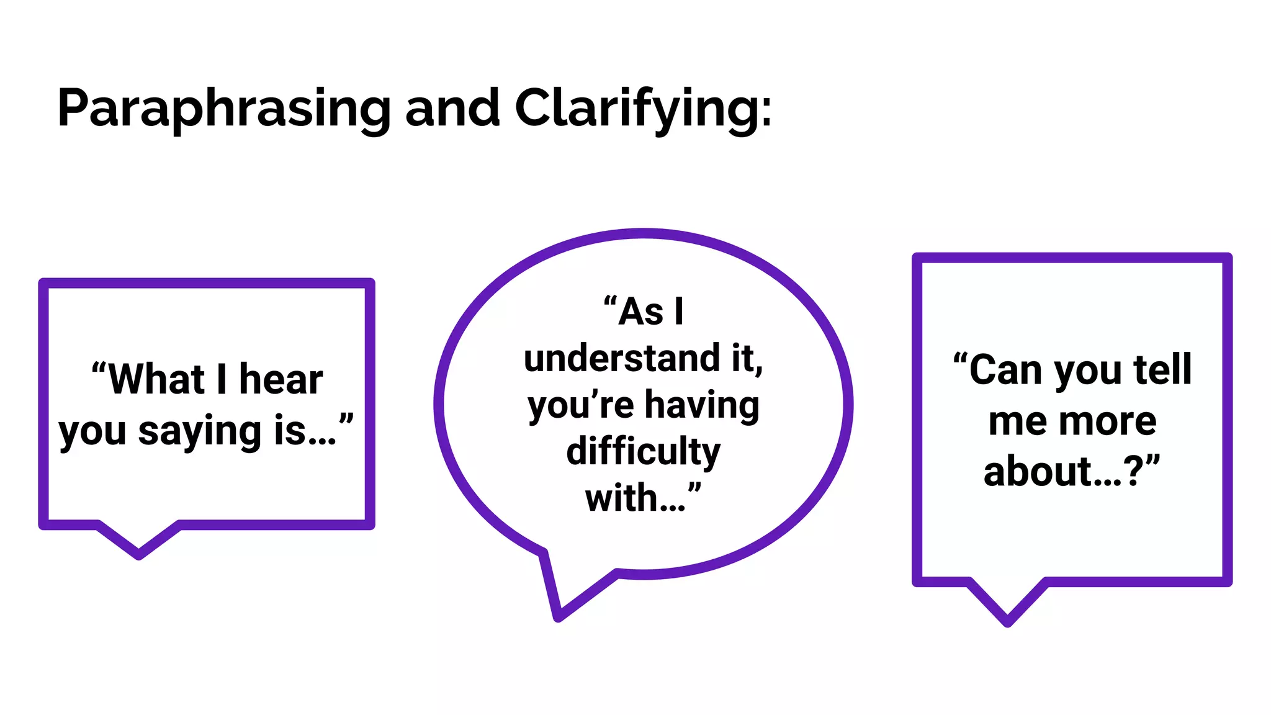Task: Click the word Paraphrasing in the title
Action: pos(223,108)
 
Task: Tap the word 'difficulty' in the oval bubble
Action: pos(644,451)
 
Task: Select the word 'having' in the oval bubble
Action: pos(702,405)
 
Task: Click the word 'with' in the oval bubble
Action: pos(621,498)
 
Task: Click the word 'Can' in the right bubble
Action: pos(1005,370)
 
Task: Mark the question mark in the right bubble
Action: pos(1133,472)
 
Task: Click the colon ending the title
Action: pos(766,112)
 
